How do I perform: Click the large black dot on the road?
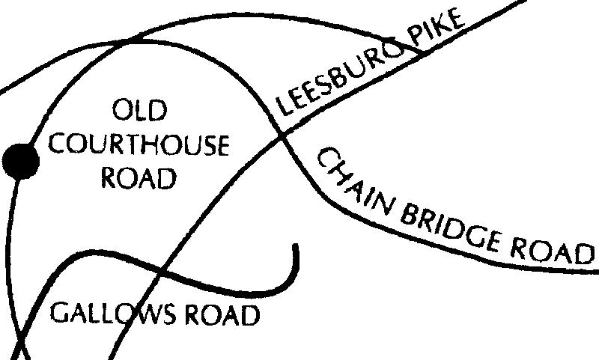pyautogui.click(x=20, y=162)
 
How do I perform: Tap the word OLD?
pyautogui.click(x=140, y=112)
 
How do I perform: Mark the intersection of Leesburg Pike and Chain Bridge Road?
pyautogui.click(x=283, y=135)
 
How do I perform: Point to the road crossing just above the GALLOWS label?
pyautogui.click(x=163, y=272)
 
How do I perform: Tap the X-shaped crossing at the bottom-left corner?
pyautogui.click(x=20, y=346)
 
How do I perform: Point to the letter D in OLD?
pyautogui.click(x=156, y=112)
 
